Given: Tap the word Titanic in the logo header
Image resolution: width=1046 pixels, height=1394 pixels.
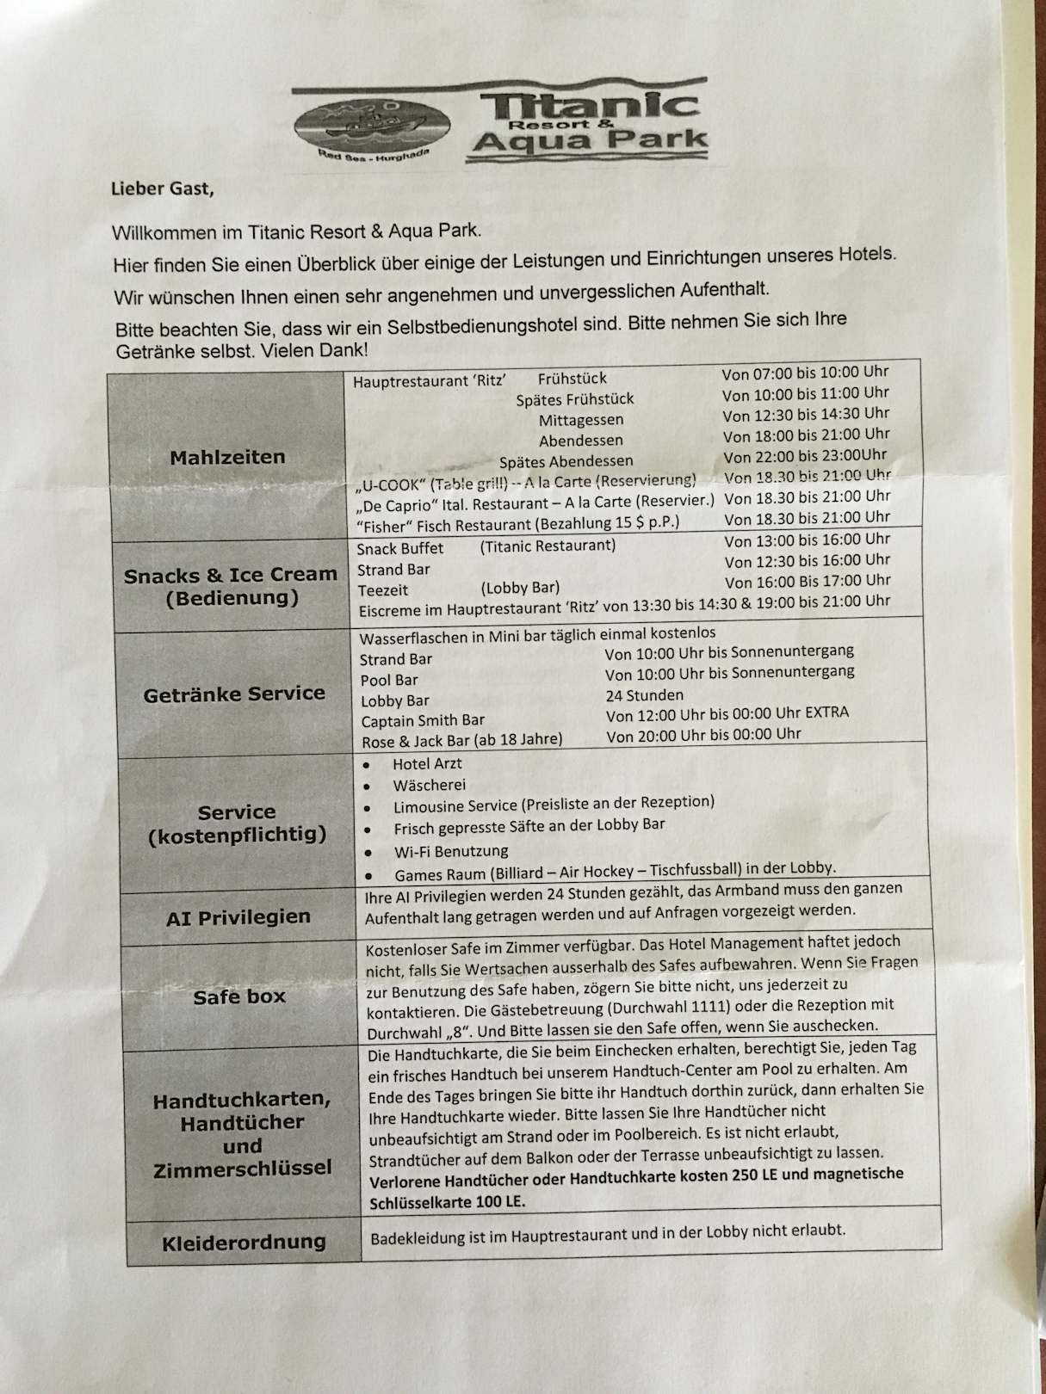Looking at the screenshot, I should pos(589,106).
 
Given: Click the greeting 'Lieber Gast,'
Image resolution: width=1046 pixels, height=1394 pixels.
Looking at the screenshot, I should pos(162,188).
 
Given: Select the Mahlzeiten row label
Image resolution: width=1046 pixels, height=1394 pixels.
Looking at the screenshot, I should pos(227,457).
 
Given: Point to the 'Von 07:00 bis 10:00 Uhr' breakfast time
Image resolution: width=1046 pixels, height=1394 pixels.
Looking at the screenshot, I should pos(805,373).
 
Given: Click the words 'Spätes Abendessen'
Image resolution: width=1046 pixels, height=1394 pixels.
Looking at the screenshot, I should pos(566,461).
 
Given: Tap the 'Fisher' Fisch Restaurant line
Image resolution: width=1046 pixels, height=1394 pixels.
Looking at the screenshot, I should pos(517,523).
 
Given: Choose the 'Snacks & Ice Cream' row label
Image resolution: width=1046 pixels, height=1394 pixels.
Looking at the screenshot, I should pos(230,575).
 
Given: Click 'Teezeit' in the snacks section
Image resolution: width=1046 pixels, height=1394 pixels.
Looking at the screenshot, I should pos(383,590).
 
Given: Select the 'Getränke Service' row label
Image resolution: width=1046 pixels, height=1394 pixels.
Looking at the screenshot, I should pos(234,694).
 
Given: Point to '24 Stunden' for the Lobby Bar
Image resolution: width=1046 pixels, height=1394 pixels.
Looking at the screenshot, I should pos(645,695).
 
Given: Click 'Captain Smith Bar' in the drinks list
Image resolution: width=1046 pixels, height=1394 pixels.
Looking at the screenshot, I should pos(423,721).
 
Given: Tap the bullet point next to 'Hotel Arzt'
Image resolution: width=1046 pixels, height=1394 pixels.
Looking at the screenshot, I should pos(368,765).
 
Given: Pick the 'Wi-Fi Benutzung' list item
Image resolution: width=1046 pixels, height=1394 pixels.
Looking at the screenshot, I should pos(451,852).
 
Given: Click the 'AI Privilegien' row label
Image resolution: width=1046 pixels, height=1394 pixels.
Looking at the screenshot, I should pos(238,917).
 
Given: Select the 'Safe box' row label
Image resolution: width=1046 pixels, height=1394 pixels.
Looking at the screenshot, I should pos(239,996).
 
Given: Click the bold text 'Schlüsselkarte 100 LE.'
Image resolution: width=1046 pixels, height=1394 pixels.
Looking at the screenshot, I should pos(447,1202).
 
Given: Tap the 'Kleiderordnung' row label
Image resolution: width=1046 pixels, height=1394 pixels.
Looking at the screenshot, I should pos(244,1242).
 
